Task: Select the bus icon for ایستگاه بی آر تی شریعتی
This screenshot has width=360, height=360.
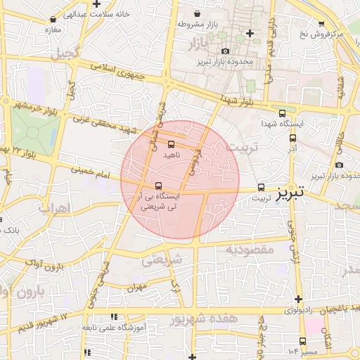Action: coord(157,186)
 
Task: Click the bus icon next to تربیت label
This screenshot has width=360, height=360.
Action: coord(262,187)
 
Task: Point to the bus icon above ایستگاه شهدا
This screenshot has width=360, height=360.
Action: coord(282,112)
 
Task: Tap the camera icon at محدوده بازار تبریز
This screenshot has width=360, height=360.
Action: coord(225,51)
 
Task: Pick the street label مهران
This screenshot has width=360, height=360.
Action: coord(136,288)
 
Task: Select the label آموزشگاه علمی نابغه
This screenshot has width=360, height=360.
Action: coord(114,328)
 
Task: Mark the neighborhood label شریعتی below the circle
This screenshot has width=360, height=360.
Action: coord(162,259)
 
